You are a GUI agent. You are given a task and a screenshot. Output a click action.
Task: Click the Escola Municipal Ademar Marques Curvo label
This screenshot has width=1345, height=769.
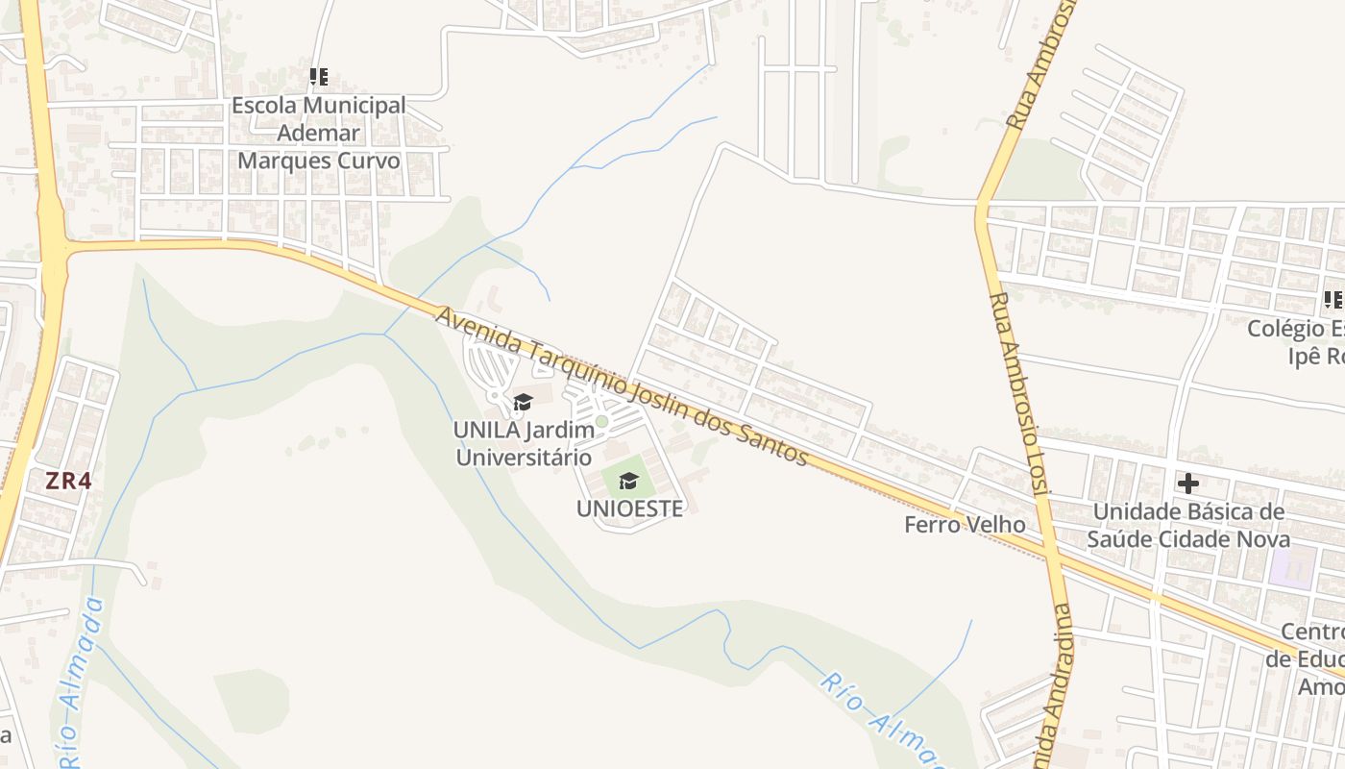pos(319,133)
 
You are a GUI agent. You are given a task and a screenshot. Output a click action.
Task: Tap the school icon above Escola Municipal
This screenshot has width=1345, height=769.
pos(319,77)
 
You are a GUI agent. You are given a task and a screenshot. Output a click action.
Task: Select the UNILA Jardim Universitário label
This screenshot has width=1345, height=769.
pos(525,443)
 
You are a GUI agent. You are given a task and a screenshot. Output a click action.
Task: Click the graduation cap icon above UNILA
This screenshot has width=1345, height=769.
pos(524,402)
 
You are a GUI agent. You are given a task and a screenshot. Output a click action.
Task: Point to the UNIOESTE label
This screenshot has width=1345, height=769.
pos(629,509)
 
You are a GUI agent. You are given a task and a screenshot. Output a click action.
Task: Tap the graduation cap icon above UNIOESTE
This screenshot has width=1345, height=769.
pos(629,480)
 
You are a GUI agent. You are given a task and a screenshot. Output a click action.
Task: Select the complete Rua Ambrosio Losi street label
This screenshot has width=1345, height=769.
pos(1015,394)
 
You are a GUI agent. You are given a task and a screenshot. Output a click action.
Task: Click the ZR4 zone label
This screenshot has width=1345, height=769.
pos(68,481)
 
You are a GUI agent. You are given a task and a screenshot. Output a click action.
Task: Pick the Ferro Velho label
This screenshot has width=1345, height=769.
pos(965,525)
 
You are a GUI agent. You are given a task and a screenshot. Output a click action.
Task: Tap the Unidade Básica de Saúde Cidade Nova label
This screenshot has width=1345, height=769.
pos(1188,525)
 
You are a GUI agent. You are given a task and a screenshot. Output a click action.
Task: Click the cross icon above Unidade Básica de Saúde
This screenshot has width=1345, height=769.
pos(1188,483)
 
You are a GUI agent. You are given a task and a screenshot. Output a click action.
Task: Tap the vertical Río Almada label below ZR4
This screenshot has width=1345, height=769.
pos(79,682)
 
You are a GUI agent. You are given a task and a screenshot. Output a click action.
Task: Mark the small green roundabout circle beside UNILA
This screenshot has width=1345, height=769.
pos(602,421)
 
